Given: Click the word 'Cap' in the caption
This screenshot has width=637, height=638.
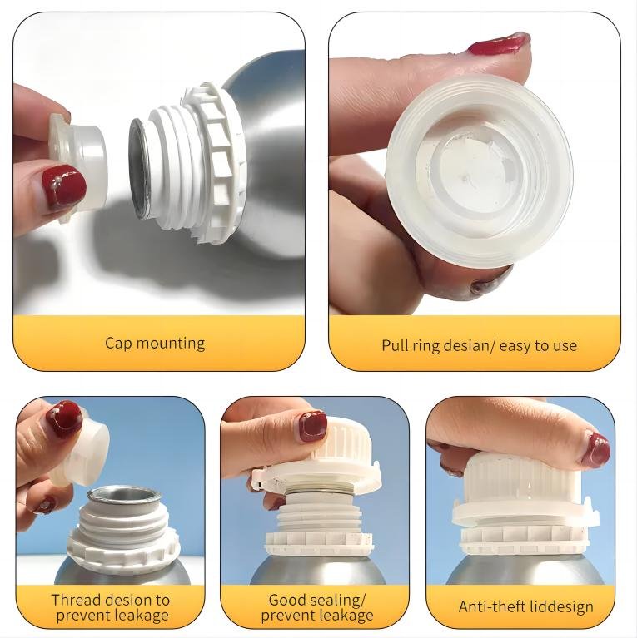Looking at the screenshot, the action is tap(118, 343).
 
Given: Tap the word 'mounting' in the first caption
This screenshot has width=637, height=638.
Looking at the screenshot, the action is tap(171, 344).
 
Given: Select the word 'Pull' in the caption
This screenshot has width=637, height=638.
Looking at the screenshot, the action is tap(394, 345).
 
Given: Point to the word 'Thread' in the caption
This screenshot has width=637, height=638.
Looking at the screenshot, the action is tap(76, 600).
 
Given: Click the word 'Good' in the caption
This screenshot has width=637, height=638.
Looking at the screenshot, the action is tap(287, 600).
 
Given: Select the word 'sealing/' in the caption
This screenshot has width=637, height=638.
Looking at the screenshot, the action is tap(337, 601).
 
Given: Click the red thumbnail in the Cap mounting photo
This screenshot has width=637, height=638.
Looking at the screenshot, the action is tap(64, 187).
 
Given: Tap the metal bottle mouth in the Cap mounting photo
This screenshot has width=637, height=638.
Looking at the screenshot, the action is tap(139, 168).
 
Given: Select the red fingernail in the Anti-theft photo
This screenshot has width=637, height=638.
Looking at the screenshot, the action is tap(596, 450).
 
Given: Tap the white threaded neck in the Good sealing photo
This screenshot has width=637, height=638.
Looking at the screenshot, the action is tap(320, 516).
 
